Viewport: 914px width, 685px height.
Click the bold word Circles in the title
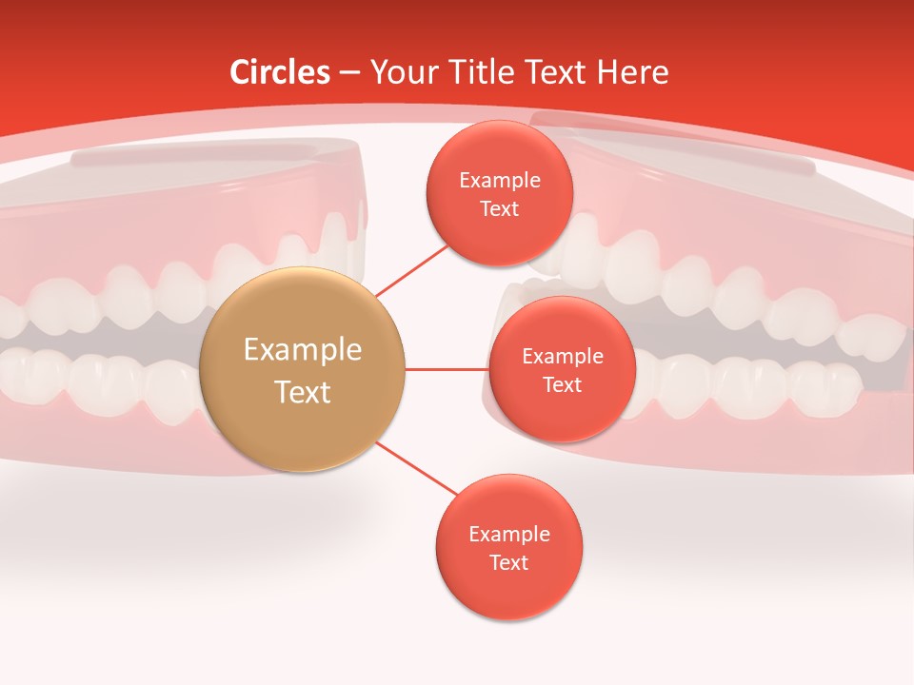[x=280, y=72]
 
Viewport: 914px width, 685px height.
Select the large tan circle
[x=303, y=369]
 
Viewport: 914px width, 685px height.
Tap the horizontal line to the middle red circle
[x=447, y=369]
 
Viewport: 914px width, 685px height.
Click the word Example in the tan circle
[x=303, y=350]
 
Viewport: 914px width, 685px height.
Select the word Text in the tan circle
[x=303, y=392]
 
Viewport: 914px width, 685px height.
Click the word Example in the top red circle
[x=500, y=181]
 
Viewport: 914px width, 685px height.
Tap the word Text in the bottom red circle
[x=508, y=562]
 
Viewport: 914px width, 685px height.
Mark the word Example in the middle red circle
[x=562, y=357]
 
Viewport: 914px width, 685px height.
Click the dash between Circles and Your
[x=349, y=73]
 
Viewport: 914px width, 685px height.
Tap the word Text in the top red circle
[x=500, y=208]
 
